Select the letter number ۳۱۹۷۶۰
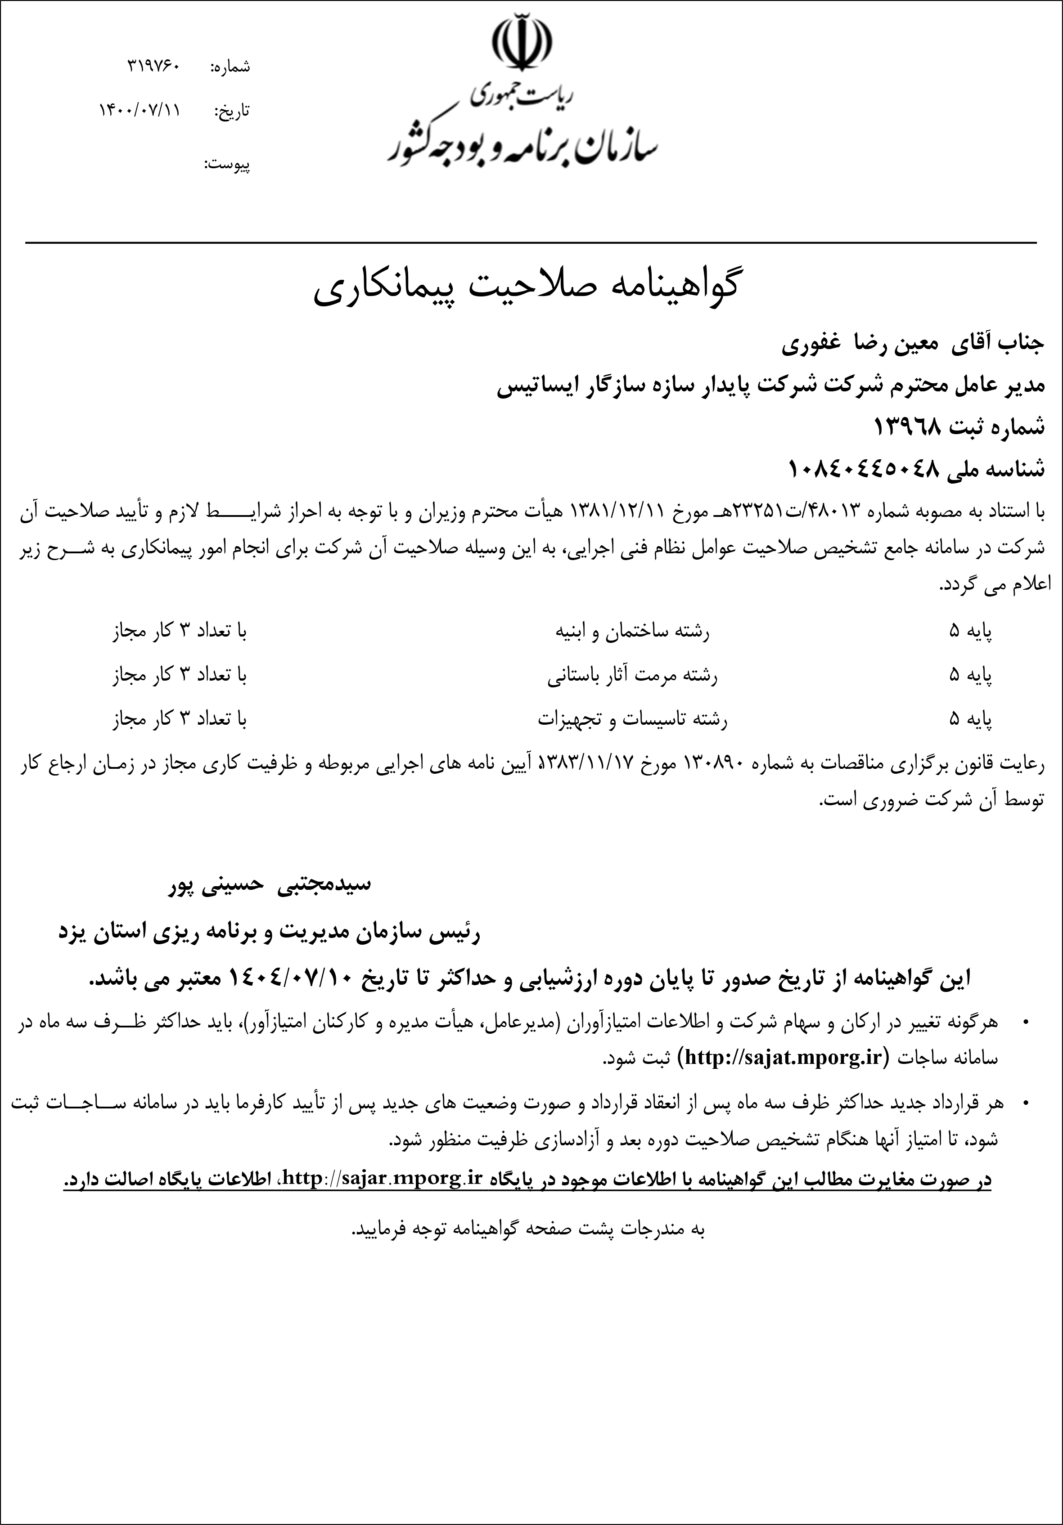point(153,67)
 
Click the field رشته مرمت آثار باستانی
point(632,676)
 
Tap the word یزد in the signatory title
point(74,933)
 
